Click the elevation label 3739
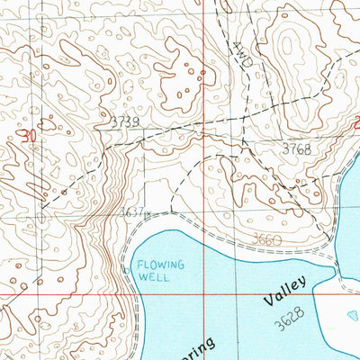[125, 122]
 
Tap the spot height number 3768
[295, 149]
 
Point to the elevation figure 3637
[131, 213]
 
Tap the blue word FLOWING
[161, 265]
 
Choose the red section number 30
[30, 136]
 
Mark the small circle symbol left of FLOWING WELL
[126, 268]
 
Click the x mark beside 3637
[147, 215]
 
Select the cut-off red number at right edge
[356, 126]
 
